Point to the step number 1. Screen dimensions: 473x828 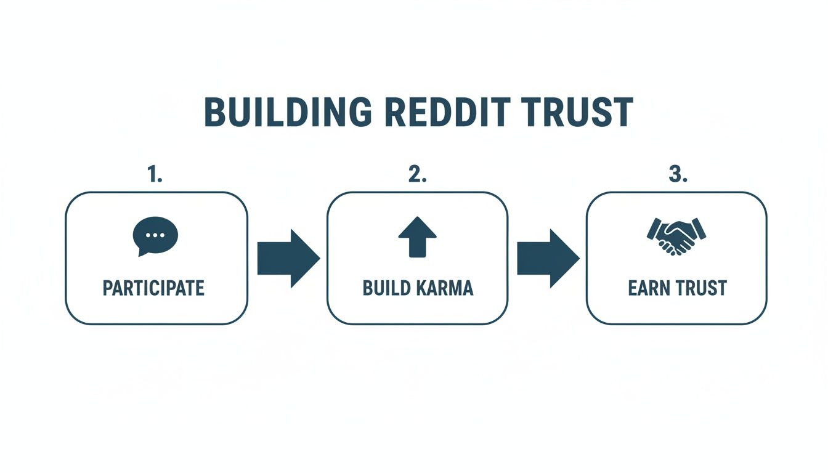(x=155, y=175)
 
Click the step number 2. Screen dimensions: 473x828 (x=417, y=175)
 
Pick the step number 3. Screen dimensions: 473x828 (x=677, y=175)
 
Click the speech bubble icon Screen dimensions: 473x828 (x=155, y=235)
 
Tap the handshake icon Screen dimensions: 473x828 (x=676, y=236)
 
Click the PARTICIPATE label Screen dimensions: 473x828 (x=153, y=288)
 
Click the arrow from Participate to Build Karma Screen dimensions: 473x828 (x=288, y=258)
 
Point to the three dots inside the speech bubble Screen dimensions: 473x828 (x=155, y=234)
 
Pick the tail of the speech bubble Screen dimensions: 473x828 (x=142, y=253)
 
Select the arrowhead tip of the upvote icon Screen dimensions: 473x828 (x=417, y=219)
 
